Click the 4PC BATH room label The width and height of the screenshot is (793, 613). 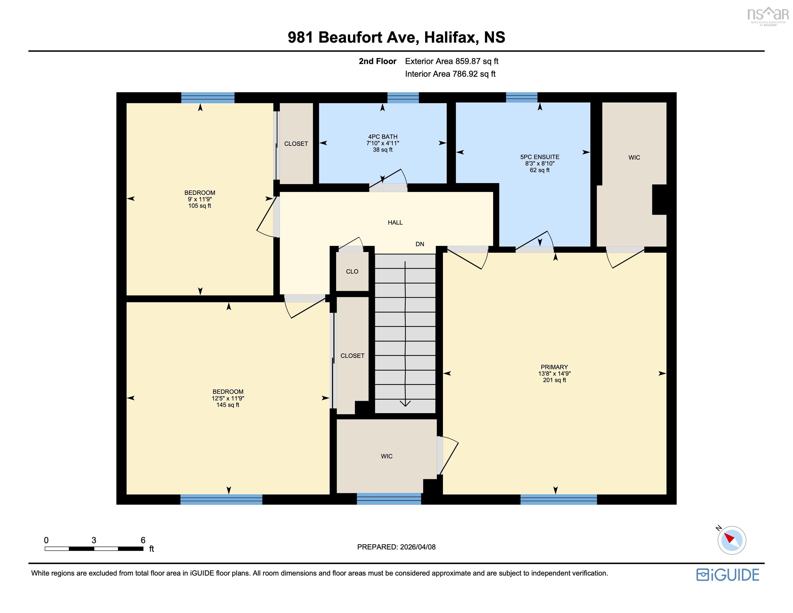point(383,137)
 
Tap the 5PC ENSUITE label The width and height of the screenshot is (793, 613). point(540,157)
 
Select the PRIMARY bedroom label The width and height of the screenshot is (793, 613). point(554,367)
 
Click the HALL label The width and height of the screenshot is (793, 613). point(395,222)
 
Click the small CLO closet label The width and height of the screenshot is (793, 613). point(352,271)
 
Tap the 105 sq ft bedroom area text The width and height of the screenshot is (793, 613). point(200,206)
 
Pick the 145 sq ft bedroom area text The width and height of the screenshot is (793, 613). point(228,405)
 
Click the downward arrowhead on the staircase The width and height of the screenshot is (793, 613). point(405,403)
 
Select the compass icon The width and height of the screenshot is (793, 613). point(732,540)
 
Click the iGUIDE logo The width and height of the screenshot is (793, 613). point(728,575)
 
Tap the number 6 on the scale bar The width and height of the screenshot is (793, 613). point(143,540)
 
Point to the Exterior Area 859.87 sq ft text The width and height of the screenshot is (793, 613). point(452,61)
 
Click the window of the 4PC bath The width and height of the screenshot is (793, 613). point(403,98)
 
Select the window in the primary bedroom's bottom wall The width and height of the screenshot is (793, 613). point(558,499)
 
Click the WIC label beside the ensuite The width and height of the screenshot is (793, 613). point(634,157)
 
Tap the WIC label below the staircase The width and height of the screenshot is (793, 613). point(387,456)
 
